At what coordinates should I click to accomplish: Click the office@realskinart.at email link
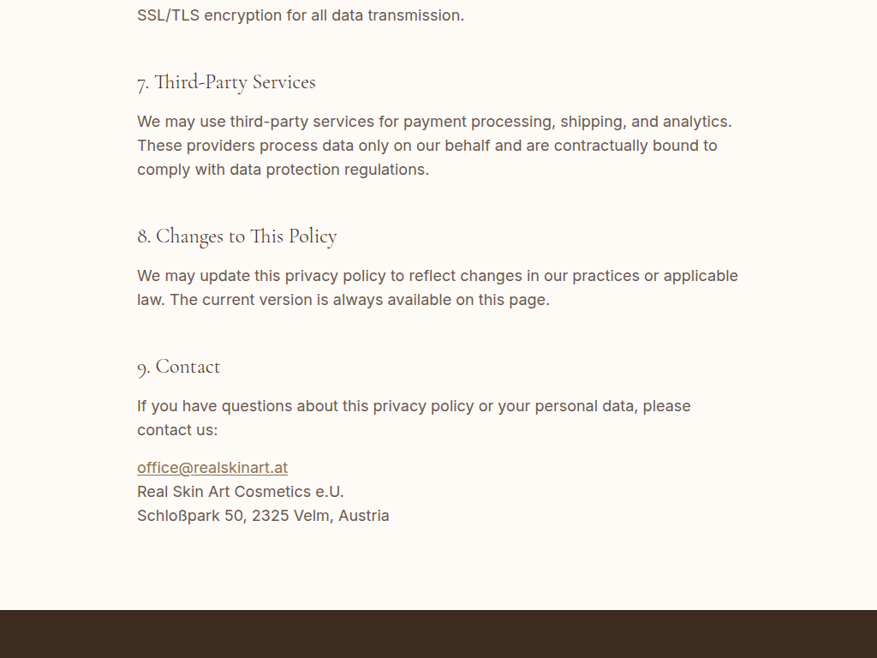tap(212, 468)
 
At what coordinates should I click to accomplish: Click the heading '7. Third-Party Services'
tap(226, 82)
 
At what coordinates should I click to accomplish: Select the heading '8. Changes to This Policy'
tap(236, 236)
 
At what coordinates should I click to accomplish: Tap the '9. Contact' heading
tap(179, 367)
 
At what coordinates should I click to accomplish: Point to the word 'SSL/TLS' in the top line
tap(168, 15)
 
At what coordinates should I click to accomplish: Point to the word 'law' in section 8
tap(150, 300)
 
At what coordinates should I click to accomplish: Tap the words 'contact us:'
tap(177, 430)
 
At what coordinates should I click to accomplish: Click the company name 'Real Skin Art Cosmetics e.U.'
tap(241, 492)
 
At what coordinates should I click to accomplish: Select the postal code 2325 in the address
tap(270, 516)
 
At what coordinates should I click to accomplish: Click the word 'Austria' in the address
tap(364, 516)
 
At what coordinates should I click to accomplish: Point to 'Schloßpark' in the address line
tap(178, 516)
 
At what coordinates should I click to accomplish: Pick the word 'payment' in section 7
tap(434, 122)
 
